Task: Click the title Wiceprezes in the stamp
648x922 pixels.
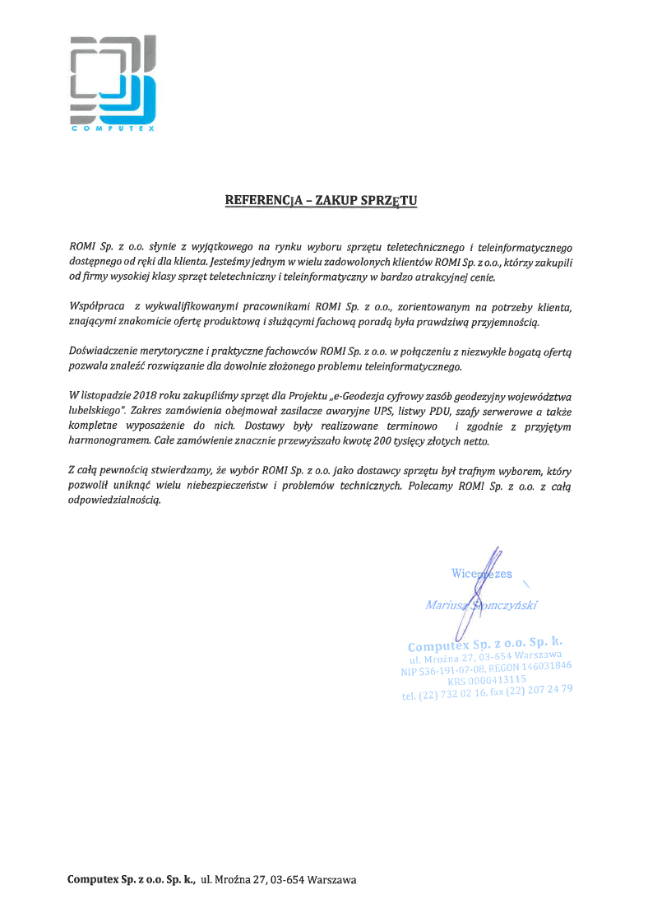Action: (482, 573)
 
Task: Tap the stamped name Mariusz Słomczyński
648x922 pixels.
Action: (482, 605)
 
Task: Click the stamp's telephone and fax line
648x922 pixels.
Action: (487, 692)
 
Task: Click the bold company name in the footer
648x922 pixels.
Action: (131, 880)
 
